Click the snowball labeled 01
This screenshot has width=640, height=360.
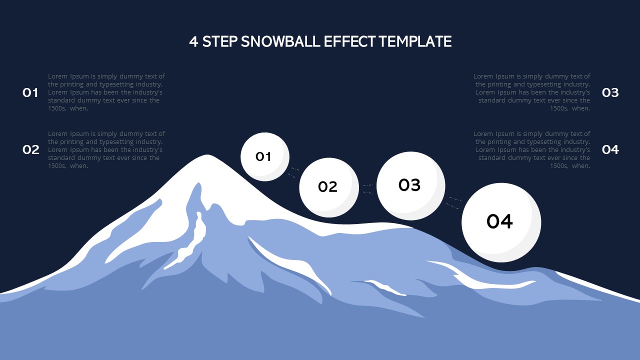point(264,156)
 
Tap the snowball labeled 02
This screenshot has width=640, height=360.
point(328,187)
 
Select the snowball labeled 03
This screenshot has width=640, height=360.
point(410,185)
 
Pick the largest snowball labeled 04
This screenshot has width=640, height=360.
point(500,222)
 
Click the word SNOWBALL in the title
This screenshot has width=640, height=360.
point(280,41)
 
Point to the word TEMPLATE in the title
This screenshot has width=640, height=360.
point(415,41)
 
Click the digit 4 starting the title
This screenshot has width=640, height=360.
point(193,41)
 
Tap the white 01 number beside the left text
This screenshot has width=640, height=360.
point(30,92)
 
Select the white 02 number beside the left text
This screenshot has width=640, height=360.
point(30,149)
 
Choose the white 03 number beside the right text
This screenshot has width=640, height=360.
point(610,92)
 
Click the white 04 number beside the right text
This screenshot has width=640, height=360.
point(610,149)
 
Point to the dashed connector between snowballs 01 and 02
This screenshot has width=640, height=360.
point(293,172)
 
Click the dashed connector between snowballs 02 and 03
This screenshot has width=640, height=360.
point(368,188)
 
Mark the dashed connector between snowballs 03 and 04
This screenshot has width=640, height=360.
point(453,202)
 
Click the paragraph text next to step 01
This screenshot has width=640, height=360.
point(106,92)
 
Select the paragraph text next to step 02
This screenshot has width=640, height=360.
point(106,149)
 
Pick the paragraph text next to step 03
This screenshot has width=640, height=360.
point(532,92)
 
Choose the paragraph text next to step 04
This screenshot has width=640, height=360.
point(532,149)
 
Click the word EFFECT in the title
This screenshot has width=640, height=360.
point(349,41)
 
